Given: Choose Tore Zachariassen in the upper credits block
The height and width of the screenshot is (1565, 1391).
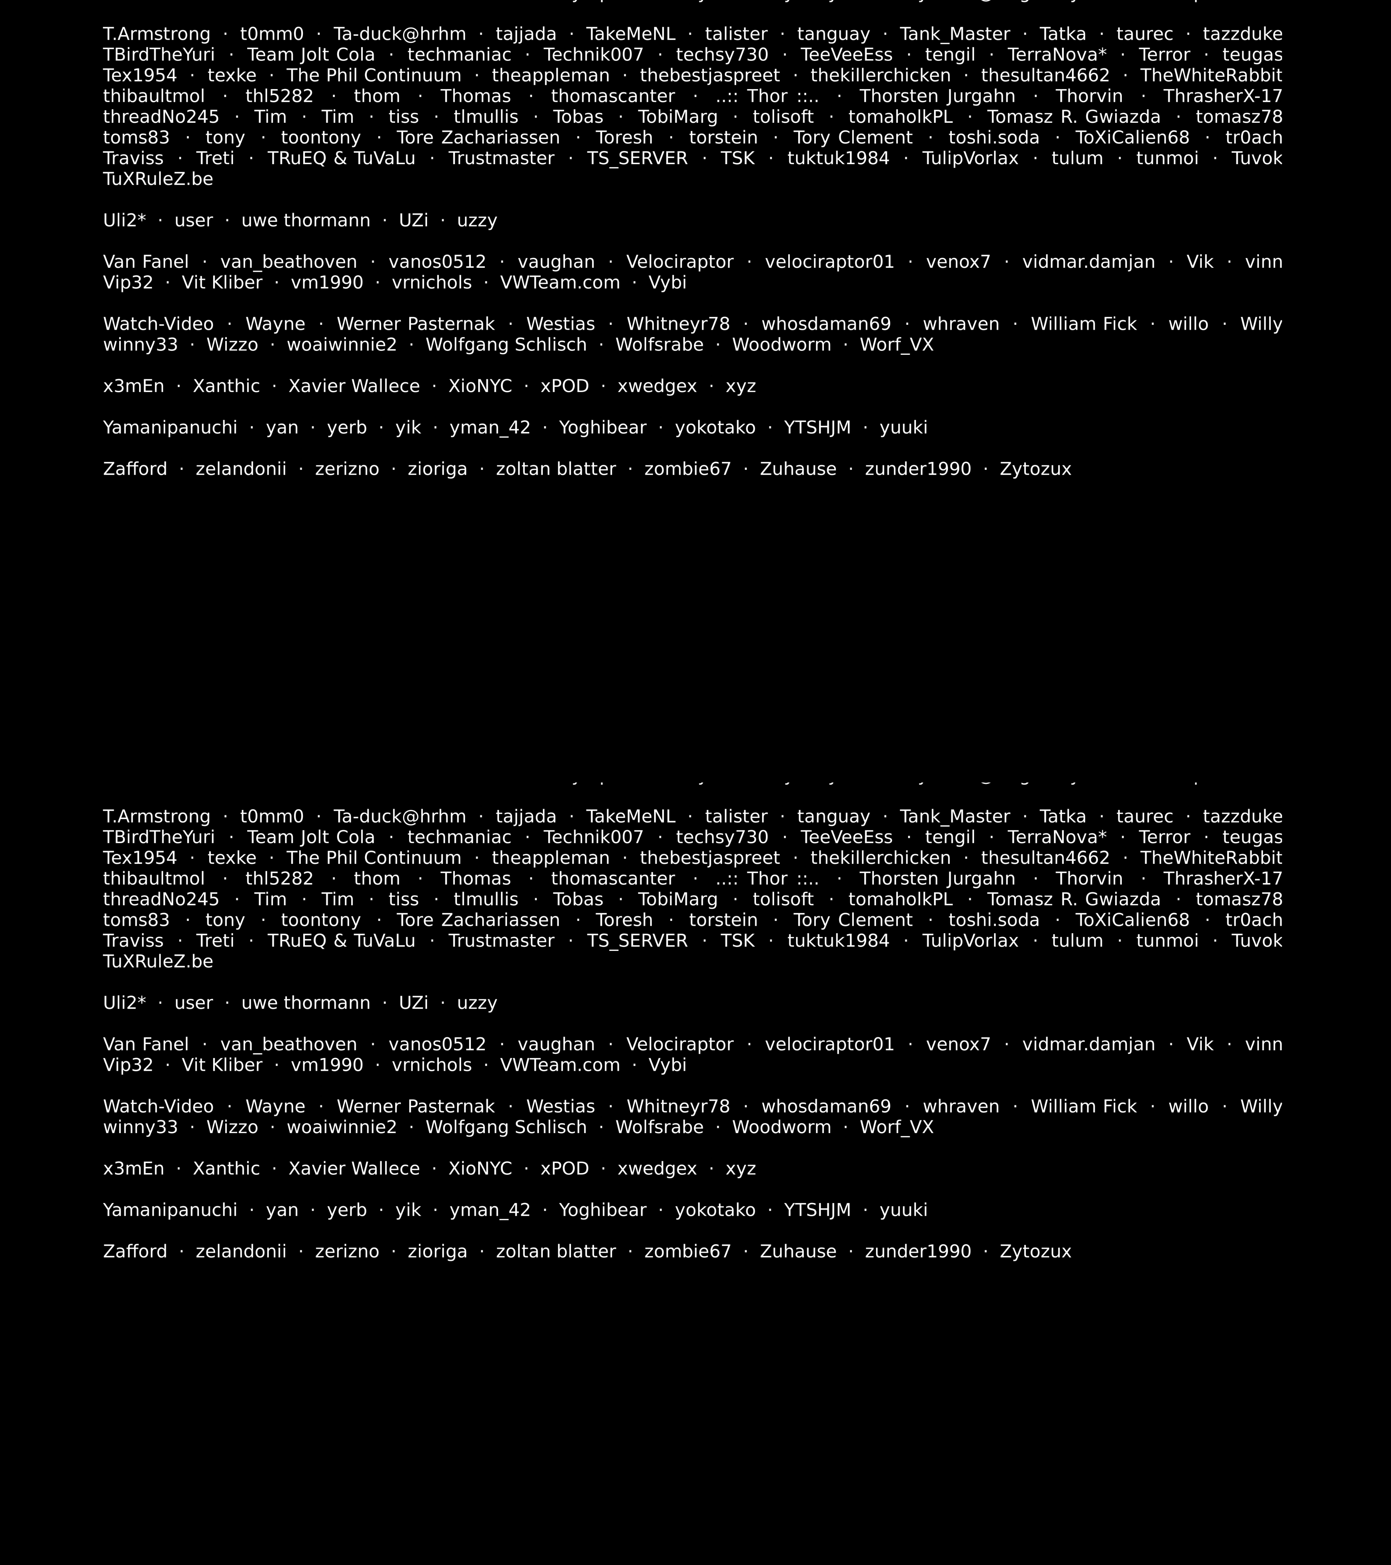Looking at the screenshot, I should [478, 138].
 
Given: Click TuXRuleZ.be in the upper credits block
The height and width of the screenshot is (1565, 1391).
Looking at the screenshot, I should [158, 179].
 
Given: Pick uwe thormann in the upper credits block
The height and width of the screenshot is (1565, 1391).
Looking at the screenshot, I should [305, 220].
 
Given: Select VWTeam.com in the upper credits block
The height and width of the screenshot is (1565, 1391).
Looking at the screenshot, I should [560, 282].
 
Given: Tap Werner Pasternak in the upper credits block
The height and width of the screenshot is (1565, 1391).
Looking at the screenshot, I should [416, 324].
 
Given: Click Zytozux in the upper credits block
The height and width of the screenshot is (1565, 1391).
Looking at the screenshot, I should [1035, 468].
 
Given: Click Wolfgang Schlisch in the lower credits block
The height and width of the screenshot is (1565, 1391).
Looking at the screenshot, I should [506, 1127].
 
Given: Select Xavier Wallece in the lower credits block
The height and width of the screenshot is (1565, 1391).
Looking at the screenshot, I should [354, 1169].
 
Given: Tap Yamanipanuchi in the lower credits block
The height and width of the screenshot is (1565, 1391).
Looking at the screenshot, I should [170, 1210].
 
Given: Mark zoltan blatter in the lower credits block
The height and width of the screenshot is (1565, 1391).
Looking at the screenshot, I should [556, 1251].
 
